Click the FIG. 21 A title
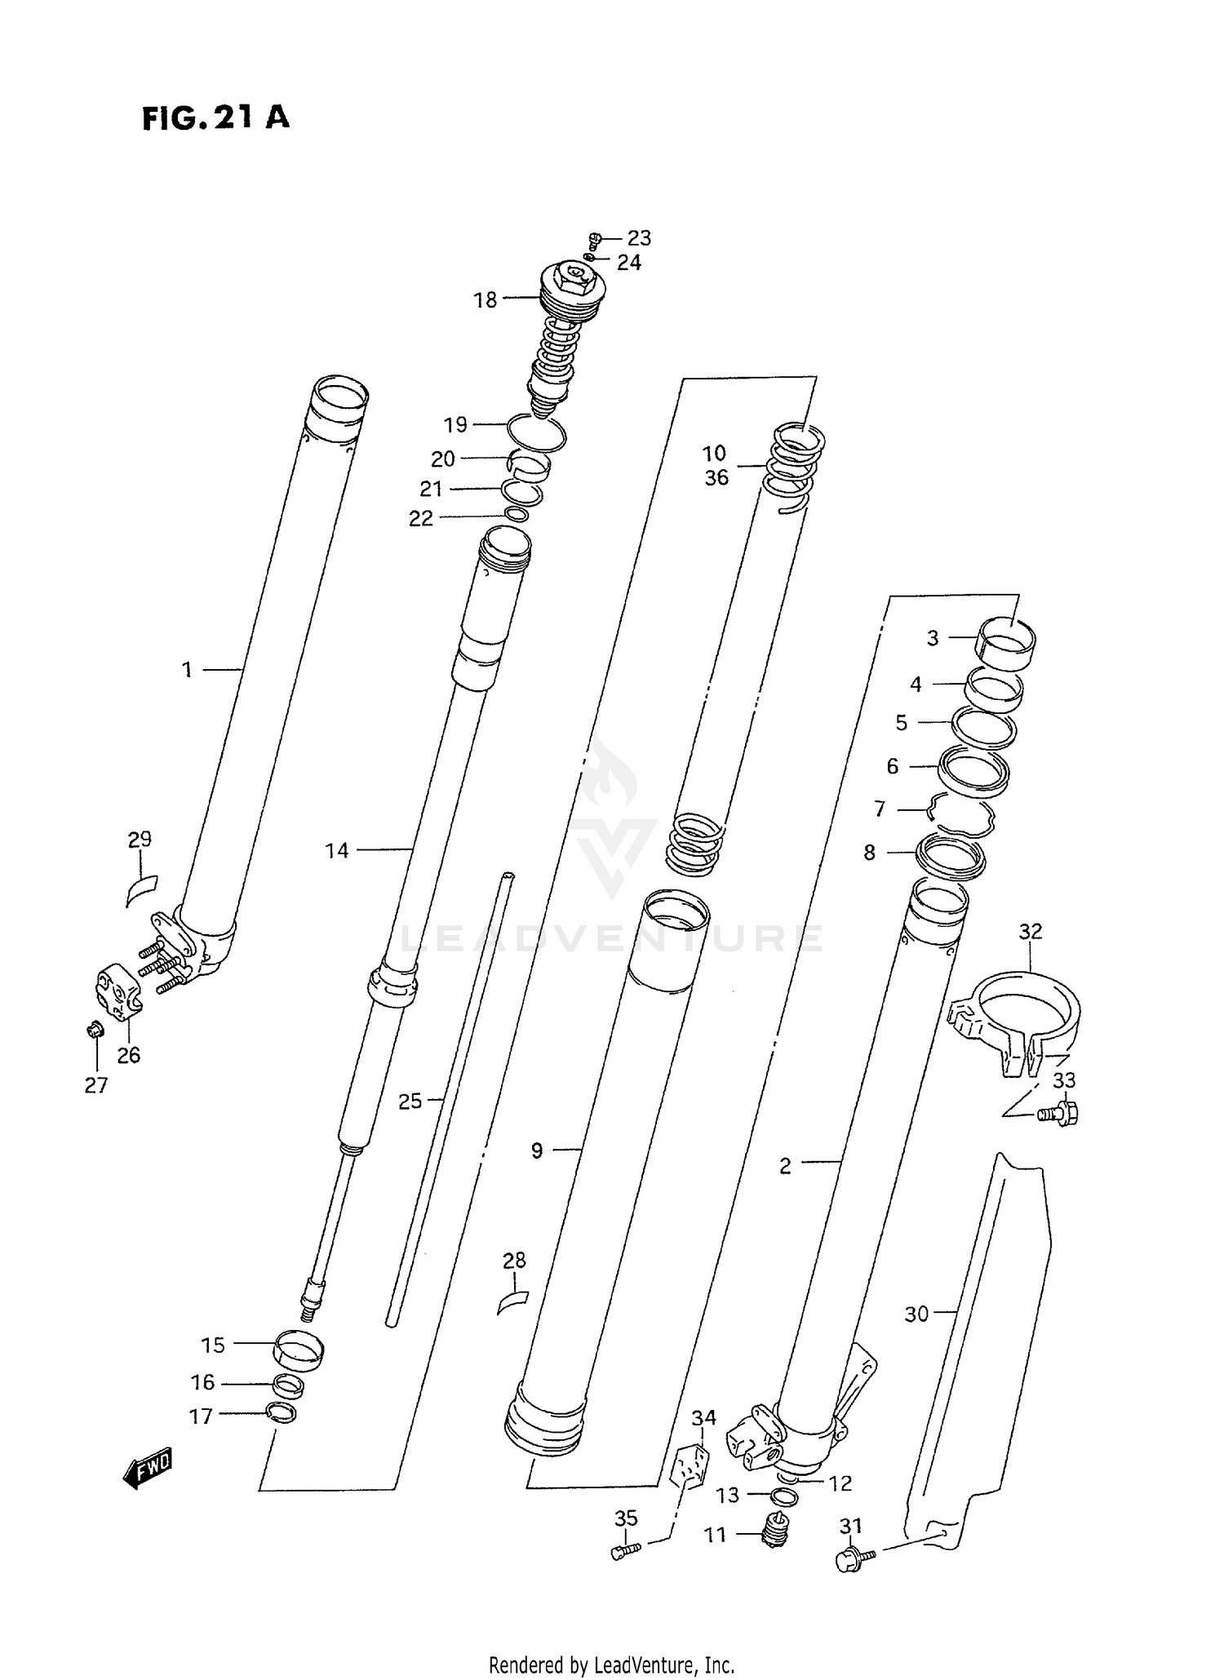pos(215,117)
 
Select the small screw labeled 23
pos(595,239)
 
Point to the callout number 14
pos(336,851)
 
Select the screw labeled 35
pos(626,1550)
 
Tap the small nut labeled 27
pos(94,1030)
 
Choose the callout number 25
pos(410,1102)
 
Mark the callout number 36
pos(716,478)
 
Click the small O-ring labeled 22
pos(517,515)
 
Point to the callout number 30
pos(916,1314)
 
